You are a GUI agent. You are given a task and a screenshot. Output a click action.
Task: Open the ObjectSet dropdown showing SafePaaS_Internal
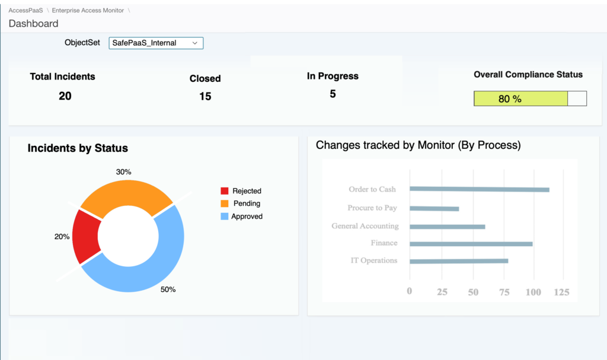pos(156,43)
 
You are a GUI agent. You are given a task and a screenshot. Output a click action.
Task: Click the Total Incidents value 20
pos(65,95)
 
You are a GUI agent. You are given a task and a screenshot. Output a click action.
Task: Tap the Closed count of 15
pos(205,96)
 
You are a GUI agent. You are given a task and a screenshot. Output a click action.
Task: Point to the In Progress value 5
pos(333,94)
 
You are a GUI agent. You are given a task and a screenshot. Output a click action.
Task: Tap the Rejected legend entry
pos(241,191)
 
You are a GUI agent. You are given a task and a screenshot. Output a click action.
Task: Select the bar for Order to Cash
pos(479,189)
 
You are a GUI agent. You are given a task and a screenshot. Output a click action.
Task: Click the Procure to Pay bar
pos(434,208)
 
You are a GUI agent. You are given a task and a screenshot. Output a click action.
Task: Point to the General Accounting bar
pos(447,227)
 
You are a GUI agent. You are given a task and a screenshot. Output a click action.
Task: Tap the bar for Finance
pos(471,244)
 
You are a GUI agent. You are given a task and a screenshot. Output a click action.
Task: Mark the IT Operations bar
pos(459,261)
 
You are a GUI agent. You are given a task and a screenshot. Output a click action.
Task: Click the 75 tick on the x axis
pos(504,292)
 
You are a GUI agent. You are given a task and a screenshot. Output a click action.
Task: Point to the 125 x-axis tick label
pos(561,292)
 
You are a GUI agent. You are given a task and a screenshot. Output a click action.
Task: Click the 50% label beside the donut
pos(168,289)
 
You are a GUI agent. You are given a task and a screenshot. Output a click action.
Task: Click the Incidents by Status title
pos(78,148)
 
